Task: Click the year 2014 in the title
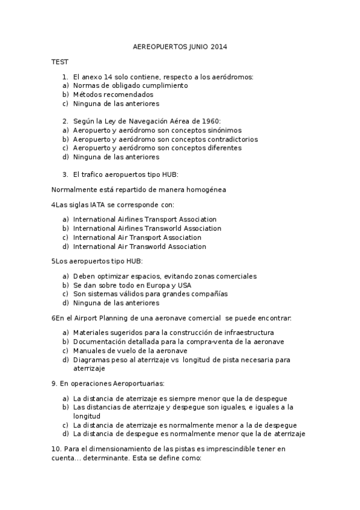pyautogui.click(x=219, y=46)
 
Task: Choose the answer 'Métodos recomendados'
pyautogui.click(x=113, y=94)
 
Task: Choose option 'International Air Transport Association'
pyautogui.click(x=137, y=237)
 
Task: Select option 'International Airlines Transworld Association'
pyautogui.click(x=147, y=228)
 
